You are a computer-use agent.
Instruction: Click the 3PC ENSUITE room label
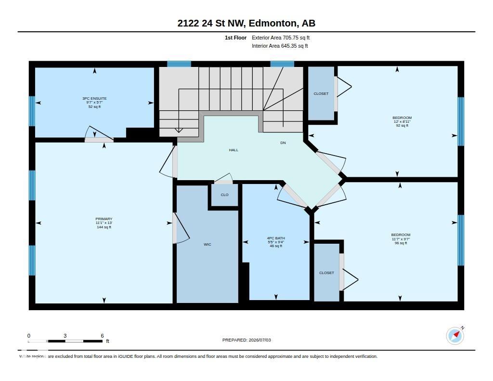tap(94, 98)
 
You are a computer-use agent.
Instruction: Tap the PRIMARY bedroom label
tap(104, 219)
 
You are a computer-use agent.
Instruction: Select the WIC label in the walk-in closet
tap(207, 245)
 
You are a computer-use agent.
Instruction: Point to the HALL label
tap(234, 150)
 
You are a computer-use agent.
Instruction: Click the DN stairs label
tap(283, 143)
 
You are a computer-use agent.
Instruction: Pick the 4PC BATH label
tap(276, 238)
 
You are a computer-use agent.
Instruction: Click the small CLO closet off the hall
tap(224, 195)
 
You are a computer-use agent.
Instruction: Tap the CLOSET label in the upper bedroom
tap(321, 94)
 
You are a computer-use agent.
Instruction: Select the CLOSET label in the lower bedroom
tap(326, 273)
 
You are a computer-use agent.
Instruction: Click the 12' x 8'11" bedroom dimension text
tap(402, 121)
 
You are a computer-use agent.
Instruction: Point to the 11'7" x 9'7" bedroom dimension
tap(401, 239)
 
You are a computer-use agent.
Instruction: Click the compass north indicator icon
tap(455, 336)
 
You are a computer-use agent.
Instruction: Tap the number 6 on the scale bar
tap(102, 336)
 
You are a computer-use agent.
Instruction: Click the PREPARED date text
tap(246, 340)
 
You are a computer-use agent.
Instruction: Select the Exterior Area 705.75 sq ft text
tap(281, 38)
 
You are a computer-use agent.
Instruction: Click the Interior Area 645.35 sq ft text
tap(280, 46)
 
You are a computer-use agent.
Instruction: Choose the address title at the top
tap(246, 23)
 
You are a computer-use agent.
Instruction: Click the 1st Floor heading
tap(235, 38)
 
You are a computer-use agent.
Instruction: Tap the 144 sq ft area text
tap(104, 227)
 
